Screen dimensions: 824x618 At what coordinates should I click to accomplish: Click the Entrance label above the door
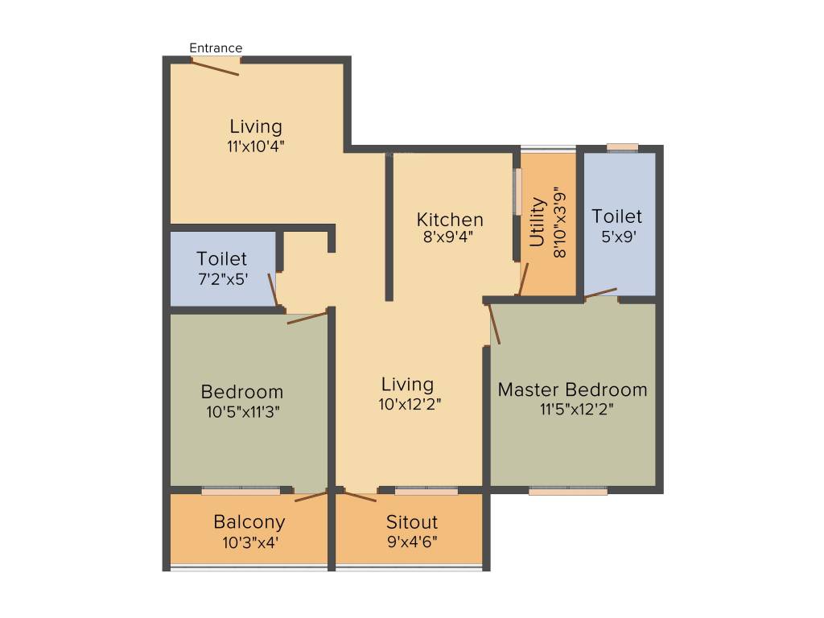click(x=216, y=47)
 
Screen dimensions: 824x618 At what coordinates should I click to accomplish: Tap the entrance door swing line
click(x=215, y=68)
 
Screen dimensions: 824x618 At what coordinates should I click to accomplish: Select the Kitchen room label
click(x=450, y=219)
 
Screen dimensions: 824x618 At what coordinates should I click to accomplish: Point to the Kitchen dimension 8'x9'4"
click(x=448, y=237)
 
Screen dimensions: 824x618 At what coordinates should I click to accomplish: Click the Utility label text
click(x=537, y=222)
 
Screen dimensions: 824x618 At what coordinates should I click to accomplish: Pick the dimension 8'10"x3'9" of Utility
click(x=559, y=222)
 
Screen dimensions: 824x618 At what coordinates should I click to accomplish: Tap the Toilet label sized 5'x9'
click(x=617, y=216)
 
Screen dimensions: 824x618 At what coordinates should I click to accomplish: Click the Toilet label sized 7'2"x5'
click(x=221, y=258)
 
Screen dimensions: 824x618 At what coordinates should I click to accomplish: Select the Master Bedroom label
click(x=572, y=389)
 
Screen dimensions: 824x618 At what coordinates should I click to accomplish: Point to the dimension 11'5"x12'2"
click(x=576, y=409)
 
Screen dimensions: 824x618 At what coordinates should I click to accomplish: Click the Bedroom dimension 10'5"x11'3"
click(x=242, y=411)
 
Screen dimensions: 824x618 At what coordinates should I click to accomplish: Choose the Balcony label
click(x=249, y=521)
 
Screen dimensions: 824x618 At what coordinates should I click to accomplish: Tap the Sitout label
click(x=411, y=521)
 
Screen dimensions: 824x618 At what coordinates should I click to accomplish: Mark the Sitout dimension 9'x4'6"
click(x=412, y=542)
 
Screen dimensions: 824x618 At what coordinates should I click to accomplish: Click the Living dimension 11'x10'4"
click(x=255, y=146)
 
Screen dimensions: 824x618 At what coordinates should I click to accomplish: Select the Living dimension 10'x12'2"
click(x=410, y=404)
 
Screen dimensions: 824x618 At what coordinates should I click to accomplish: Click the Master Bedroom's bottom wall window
click(x=568, y=491)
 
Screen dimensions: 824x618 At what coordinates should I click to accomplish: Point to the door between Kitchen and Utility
click(x=523, y=278)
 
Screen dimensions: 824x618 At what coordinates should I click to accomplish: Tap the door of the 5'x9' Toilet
click(x=600, y=293)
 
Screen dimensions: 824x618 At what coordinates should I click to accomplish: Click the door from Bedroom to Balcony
click(x=311, y=496)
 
